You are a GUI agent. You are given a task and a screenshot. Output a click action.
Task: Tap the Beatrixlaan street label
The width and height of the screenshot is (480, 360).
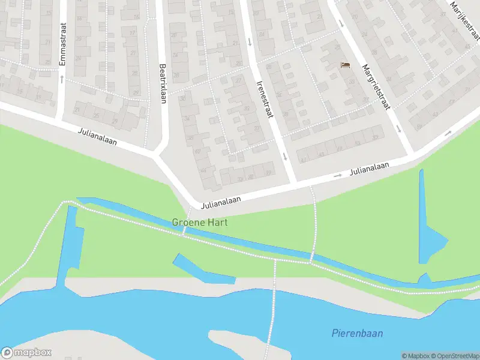pos(161,84)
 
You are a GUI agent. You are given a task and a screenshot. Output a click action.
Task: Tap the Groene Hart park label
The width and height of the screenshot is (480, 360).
pos(200,222)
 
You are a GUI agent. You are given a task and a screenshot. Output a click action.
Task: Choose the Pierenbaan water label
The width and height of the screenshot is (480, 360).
pos(357,334)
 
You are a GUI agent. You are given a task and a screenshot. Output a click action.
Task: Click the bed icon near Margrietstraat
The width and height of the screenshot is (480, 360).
pos(344,65)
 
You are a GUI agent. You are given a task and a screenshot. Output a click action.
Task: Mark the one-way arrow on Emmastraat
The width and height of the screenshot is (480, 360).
pos(61,78)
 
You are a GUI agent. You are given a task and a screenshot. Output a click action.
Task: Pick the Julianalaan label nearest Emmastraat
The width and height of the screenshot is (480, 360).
pos(97,137)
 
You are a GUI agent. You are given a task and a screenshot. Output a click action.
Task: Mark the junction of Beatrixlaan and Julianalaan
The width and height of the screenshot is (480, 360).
pos(158,153)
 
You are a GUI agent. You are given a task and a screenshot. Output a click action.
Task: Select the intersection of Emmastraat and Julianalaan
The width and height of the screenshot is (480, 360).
pos(61,118)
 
